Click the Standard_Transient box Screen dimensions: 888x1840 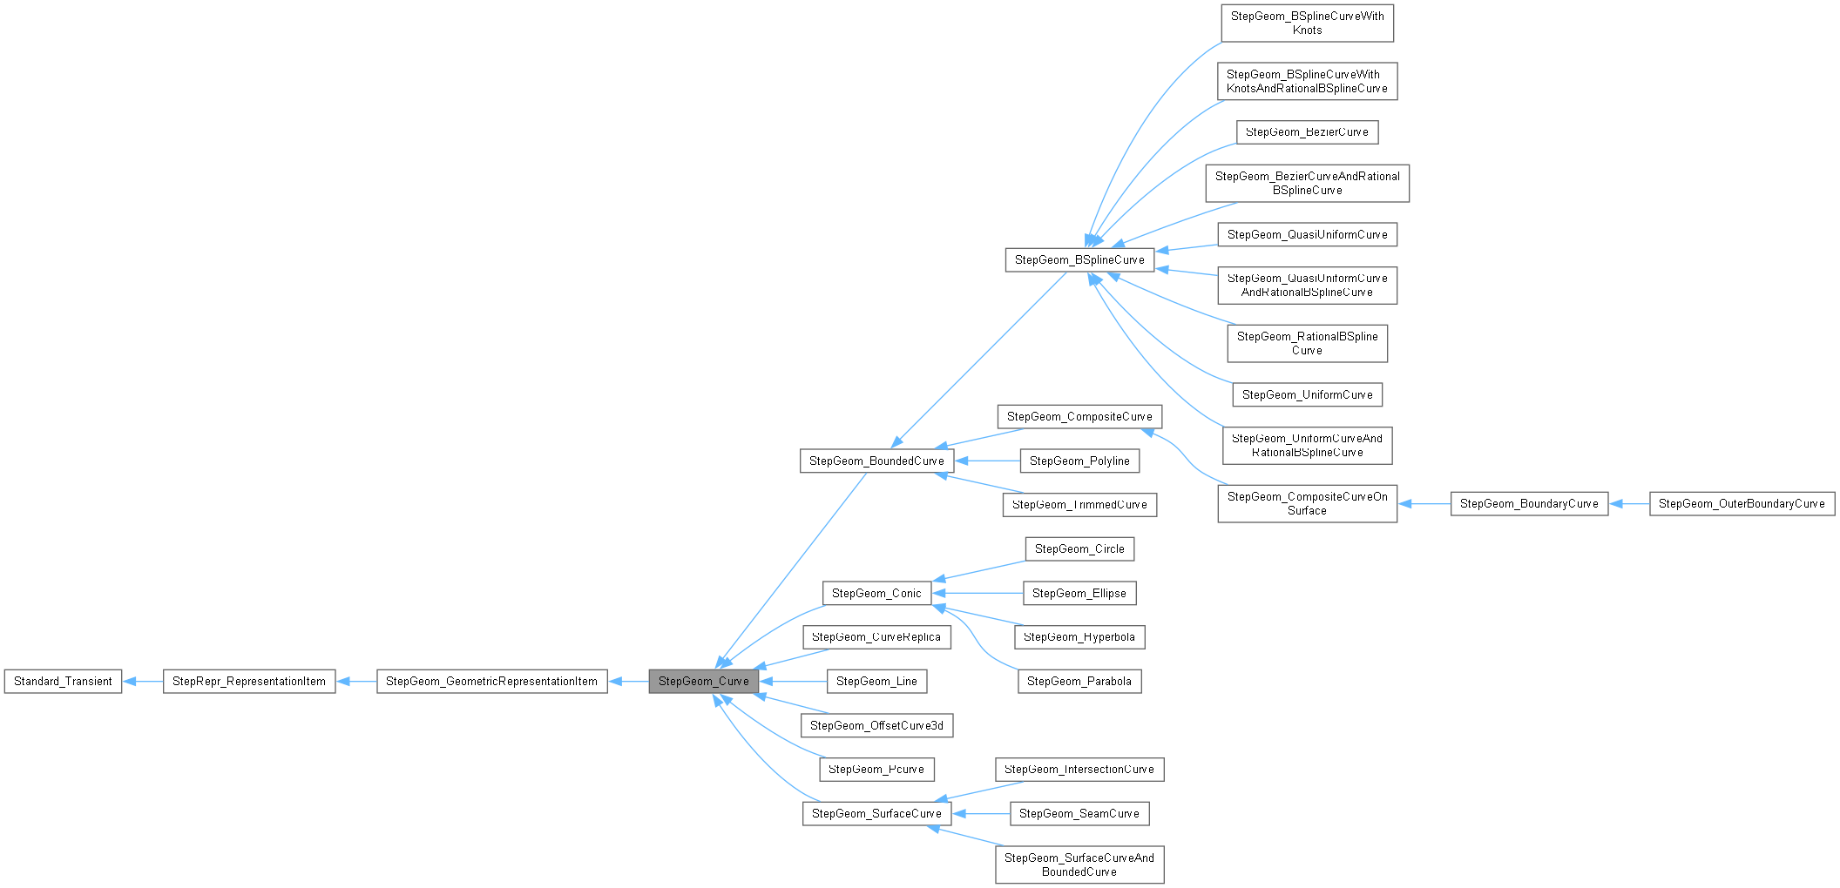click(63, 681)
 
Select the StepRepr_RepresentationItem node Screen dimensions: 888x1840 click(249, 681)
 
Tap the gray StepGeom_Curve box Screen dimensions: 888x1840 click(703, 681)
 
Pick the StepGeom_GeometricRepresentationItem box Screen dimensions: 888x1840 click(491, 681)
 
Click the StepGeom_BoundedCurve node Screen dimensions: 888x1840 click(876, 461)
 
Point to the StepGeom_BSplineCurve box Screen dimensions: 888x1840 click(1079, 259)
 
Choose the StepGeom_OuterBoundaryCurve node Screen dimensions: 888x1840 click(1742, 503)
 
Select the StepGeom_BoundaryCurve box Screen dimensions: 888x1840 click(1529, 503)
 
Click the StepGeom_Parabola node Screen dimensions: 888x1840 click(1079, 681)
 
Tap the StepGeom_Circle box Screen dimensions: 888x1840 click(1079, 548)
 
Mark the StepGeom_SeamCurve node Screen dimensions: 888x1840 click(1079, 813)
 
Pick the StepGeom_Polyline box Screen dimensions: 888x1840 click(1079, 461)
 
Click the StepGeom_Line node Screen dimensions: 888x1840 click(876, 681)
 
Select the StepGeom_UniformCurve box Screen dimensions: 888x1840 click(1307, 394)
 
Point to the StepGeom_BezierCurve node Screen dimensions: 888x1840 click(1307, 132)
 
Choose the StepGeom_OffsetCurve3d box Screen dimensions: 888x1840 click(876, 725)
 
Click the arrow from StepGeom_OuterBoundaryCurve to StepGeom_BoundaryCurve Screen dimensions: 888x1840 click(1628, 503)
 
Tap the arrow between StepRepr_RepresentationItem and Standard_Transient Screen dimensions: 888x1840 click(143, 681)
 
